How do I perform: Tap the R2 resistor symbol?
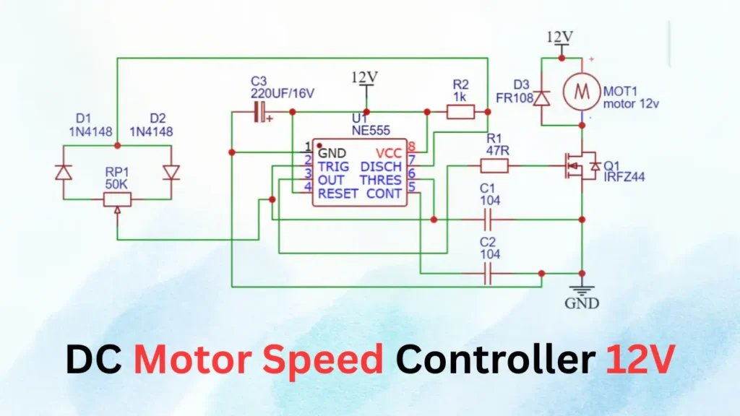(x=460, y=111)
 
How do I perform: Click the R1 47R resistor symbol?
(x=495, y=167)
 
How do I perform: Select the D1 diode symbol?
(x=63, y=172)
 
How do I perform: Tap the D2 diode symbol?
(x=171, y=172)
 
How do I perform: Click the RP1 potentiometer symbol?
(x=117, y=199)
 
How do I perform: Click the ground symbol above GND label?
(x=582, y=287)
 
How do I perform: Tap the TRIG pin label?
(x=333, y=167)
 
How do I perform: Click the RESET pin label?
(x=337, y=194)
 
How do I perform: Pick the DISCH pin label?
(x=381, y=167)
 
